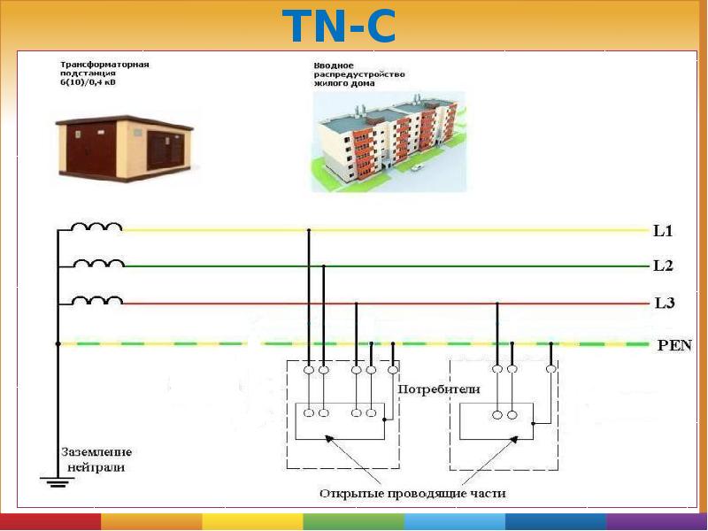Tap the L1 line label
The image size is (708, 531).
tap(663, 233)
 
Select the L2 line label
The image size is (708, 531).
tap(663, 265)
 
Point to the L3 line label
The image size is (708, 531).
tap(664, 303)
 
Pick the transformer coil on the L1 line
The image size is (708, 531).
tap(96, 227)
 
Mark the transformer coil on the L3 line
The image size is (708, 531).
tap(97, 300)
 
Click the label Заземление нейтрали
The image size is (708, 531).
tap(93, 459)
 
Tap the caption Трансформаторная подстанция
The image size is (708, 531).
tap(104, 73)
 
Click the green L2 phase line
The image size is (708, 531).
tap(487, 265)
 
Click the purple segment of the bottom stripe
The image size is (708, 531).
tap(657, 522)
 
